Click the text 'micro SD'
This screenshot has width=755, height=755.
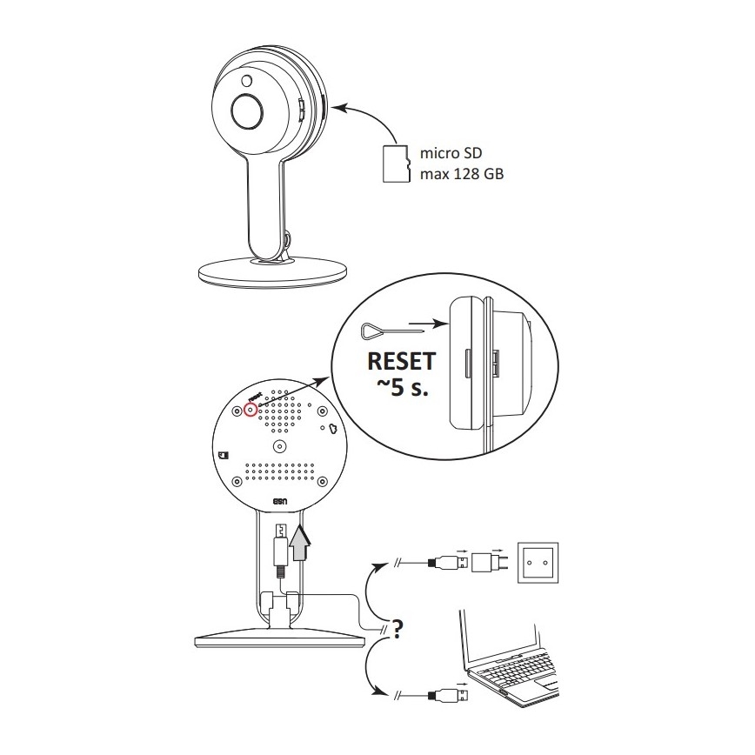click(451, 153)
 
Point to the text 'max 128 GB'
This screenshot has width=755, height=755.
click(462, 173)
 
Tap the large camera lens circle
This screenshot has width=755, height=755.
click(247, 111)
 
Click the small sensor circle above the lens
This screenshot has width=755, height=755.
click(247, 81)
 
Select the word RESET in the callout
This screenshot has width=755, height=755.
click(402, 361)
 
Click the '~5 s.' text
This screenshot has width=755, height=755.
click(403, 387)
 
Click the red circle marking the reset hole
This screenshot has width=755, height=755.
click(250, 410)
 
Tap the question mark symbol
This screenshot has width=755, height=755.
click(398, 628)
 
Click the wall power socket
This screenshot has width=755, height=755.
click(538, 563)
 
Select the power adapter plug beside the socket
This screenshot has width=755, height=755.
click(489, 562)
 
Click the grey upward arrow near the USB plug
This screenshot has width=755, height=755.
click(299, 543)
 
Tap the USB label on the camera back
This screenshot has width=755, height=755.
click(280, 502)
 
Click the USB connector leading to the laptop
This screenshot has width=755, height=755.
click(448, 695)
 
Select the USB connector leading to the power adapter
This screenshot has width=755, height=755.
click(448, 562)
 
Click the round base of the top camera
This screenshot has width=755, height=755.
click(272, 273)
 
